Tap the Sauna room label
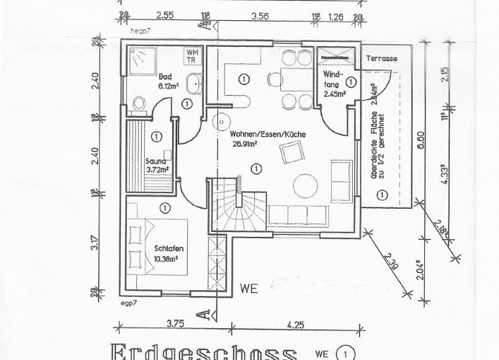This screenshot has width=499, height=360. (155, 161)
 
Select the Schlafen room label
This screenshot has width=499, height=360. (166, 250)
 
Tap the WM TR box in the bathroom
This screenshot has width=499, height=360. (193, 56)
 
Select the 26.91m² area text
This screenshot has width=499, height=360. (245, 143)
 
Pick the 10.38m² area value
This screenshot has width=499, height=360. (167, 258)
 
